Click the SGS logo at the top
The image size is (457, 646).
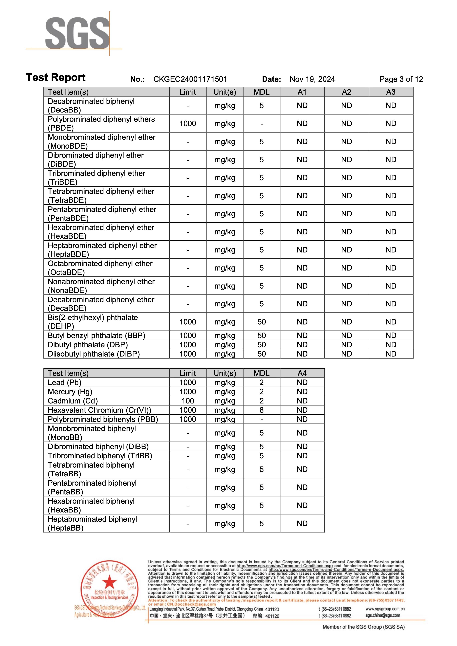tap(77, 33)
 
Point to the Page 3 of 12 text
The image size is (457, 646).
tap(401, 79)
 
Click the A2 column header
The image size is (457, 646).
tap(346, 92)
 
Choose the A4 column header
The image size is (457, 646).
tap(302, 373)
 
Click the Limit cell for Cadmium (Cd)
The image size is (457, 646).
tap(188, 401)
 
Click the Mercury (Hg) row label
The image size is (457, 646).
tap(70, 392)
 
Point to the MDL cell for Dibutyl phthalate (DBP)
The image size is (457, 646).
tap(261, 345)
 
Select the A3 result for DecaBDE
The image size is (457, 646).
tap(391, 304)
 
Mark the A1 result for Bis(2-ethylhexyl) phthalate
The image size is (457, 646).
tap(302, 322)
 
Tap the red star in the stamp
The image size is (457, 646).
tap(109, 581)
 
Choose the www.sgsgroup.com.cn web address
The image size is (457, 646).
tap(385, 609)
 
